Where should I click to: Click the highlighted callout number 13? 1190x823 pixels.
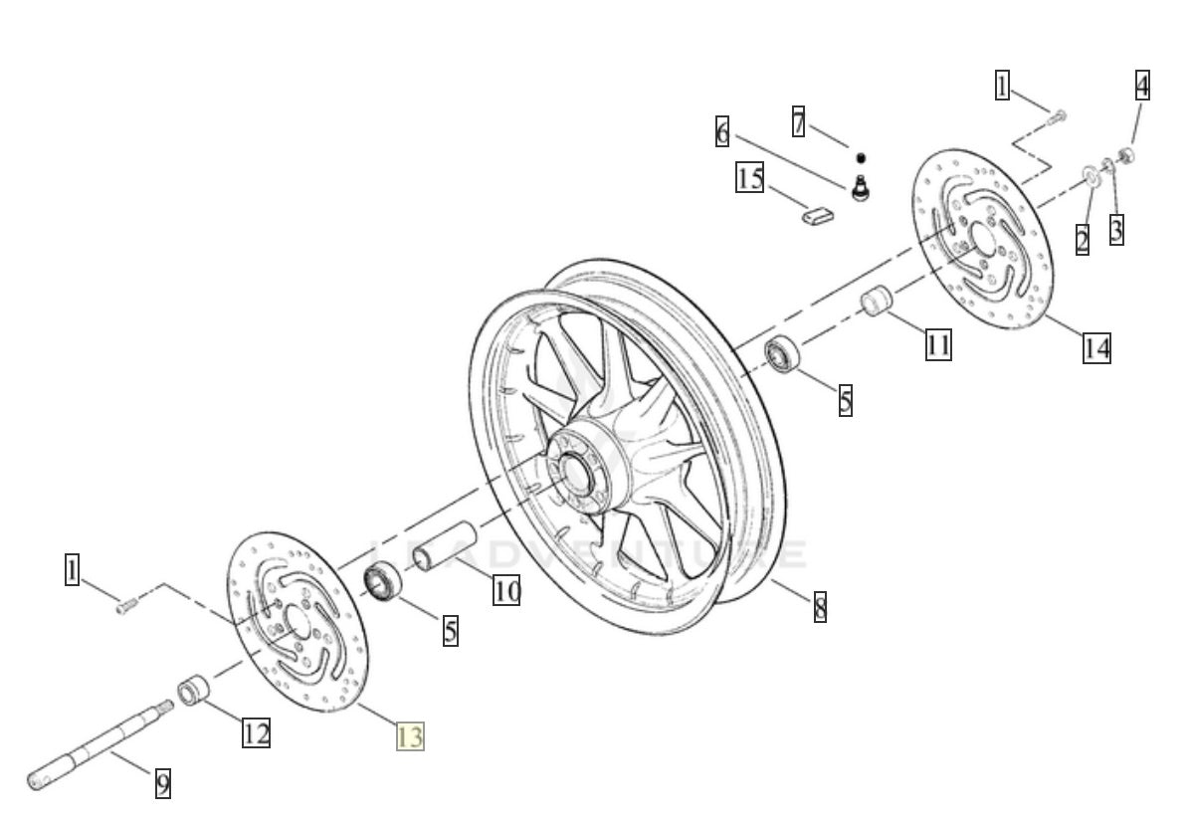(x=410, y=737)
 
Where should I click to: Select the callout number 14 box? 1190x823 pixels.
(x=1096, y=347)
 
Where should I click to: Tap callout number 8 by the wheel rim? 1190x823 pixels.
(x=820, y=606)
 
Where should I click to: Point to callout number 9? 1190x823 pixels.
(x=163, y=783)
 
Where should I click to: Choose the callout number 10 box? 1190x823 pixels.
(x=506, y=590)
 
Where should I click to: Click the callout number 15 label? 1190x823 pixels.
(x=750, y=178)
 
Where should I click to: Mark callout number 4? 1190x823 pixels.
(x=1142, y=86)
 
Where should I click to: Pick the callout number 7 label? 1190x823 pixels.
(x=798, y=121)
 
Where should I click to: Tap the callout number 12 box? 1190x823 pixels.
(x=256, y=733)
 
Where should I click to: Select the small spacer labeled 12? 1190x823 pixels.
(x=192, y=690)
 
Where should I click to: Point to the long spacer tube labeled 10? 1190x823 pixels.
(x=439, y=555)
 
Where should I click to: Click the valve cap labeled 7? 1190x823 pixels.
(x=861, y=157)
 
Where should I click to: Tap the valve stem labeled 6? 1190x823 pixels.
(x=862, y=186)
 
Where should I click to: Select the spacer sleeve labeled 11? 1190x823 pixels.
(x=876, y=301)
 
